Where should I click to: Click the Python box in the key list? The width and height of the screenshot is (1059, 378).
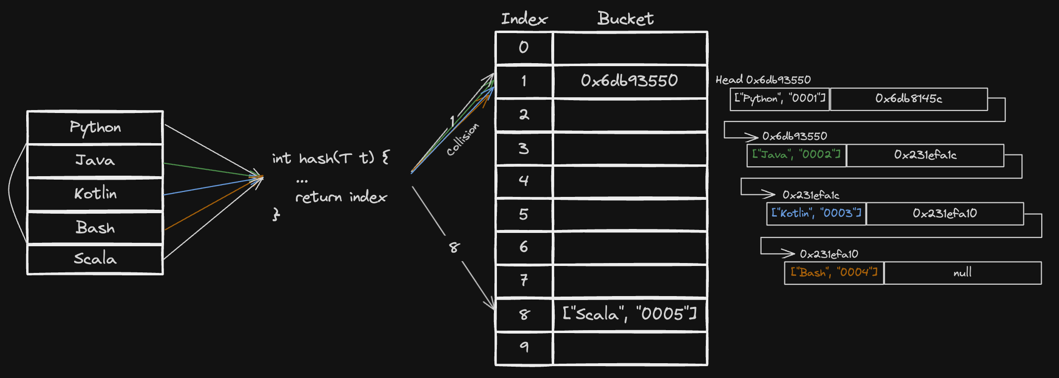(95, 127)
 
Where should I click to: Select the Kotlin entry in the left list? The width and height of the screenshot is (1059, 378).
(95, 193)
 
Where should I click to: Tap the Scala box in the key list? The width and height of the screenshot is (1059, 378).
(95, 259)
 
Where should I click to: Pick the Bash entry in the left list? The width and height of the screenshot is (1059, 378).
(95, 227)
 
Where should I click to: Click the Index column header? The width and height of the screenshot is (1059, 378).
(524, 19)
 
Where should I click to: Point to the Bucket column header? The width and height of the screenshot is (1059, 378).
(625, 19)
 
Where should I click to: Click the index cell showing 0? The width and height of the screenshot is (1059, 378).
(524, 48)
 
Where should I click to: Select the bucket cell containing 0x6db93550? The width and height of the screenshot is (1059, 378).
(630, 81)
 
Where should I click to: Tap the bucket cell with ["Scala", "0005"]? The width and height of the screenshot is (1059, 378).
(630, 314)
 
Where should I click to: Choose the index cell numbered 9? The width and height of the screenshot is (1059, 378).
(524, 348)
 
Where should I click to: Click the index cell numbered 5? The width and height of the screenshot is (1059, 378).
(524, 215)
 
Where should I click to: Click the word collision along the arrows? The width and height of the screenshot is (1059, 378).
(462, 139)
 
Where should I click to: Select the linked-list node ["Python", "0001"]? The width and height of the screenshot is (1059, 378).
(780, 99)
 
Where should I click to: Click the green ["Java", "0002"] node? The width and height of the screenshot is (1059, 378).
(796, 155)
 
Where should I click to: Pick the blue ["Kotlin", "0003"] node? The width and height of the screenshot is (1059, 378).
(816, 213)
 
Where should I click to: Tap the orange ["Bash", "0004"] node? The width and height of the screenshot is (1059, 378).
(834, 272)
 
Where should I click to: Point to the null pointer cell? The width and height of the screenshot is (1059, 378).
(963, 272)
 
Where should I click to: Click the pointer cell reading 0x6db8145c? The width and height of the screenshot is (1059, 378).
(909, 99)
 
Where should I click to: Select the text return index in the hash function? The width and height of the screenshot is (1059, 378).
(341, 197)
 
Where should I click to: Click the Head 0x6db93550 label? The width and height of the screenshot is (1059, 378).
(763, 79)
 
